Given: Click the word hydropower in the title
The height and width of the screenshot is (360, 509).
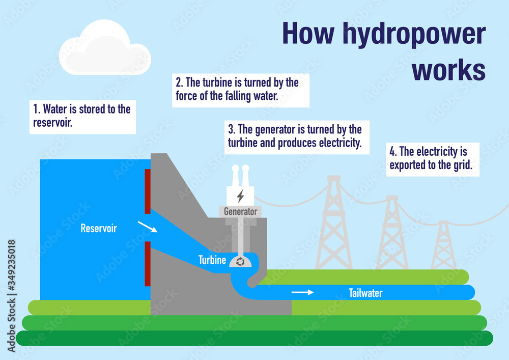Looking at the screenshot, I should coord(413,34).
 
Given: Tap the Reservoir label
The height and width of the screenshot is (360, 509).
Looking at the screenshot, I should coord(98,229).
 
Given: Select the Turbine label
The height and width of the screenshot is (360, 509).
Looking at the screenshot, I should coord(212,260).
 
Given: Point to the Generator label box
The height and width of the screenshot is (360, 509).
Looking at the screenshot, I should coord(241,211).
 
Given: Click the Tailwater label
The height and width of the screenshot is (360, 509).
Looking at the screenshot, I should coord(365,293).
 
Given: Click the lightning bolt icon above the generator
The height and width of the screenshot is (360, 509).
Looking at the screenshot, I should coord(240,196).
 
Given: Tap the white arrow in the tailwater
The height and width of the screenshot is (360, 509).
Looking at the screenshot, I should coord(302,292).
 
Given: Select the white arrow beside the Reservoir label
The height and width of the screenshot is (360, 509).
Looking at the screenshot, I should coord(148,227).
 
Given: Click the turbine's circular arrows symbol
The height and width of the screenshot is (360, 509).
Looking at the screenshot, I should coord(241,262).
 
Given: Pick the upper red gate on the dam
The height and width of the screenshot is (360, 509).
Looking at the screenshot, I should coord(148,191).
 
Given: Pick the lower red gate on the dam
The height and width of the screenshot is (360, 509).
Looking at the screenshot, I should coord(148,264).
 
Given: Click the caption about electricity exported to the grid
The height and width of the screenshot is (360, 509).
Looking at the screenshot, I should coord(432,158).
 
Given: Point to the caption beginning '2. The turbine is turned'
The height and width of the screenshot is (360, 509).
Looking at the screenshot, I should coord(240,89).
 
